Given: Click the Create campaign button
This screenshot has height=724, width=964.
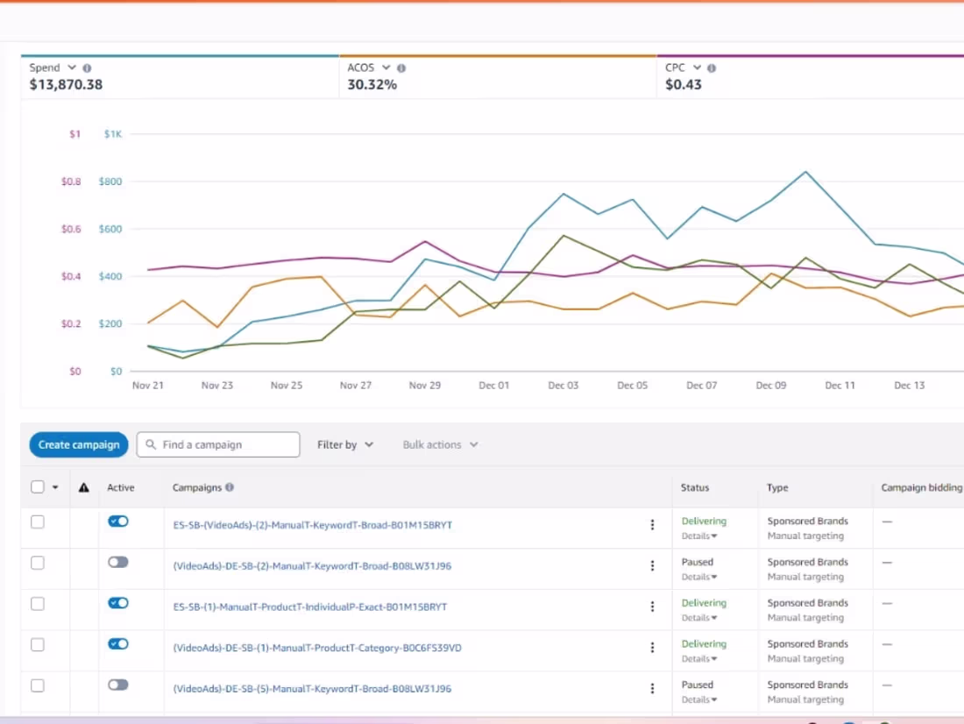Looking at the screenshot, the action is (x=79, y=444).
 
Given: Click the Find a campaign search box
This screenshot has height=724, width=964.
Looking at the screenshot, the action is (x=218, y=444).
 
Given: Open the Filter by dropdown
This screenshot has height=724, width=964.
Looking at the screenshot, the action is (x=345, y=444).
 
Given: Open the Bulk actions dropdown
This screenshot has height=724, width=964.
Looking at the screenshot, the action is (x=440, y=444).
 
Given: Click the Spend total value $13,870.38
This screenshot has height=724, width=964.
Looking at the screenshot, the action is (x=66, y=85).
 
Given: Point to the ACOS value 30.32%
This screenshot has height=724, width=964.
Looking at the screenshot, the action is (x=372, y=85).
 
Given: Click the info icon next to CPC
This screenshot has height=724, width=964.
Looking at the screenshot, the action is (x=712, y=68).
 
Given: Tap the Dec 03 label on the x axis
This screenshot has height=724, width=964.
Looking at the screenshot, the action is (x=564, y=386).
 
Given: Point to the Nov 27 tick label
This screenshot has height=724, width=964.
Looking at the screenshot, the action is (x=355, y=386).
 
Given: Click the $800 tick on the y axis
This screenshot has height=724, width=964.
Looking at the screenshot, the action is (x=110, y=181).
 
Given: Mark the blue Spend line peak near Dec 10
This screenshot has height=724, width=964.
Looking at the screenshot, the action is (x=805, y=172).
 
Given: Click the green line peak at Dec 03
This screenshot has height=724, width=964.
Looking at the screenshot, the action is (x=564, y=236).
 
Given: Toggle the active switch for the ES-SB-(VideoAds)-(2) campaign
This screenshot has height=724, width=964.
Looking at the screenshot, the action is (x=118, y=522).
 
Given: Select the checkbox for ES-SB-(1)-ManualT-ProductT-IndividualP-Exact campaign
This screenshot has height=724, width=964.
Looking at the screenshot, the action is (x=38, y=604).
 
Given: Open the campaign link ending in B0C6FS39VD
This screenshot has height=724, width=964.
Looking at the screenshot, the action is (x=317, y=648).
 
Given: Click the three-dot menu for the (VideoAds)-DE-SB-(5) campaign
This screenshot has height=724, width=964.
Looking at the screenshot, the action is (x=652, y=689).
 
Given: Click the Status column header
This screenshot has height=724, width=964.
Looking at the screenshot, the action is (x=695, y=488).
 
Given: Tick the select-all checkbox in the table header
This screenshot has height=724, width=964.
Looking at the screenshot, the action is (x=38, y=487).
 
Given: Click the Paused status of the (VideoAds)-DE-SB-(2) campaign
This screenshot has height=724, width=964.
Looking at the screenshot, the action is (x=698, y=562).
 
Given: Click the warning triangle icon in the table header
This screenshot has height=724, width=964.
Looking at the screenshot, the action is (x=83, y=488).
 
